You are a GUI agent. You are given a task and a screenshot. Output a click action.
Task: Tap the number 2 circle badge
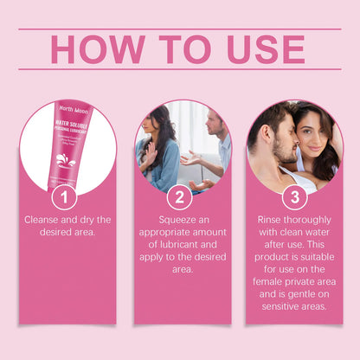pos(179,197)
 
